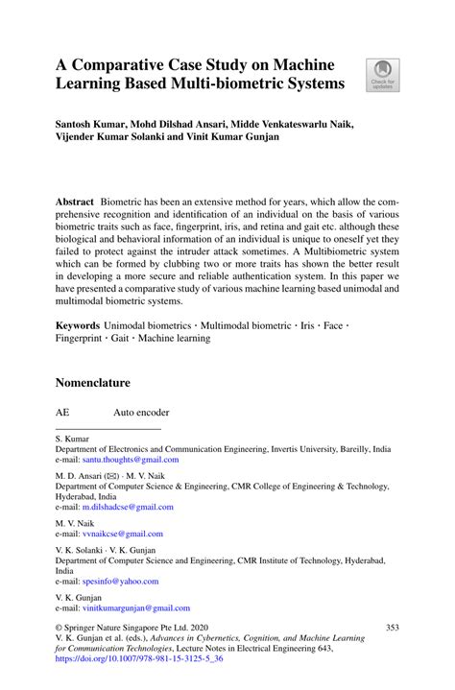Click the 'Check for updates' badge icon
click(x=382, y=75)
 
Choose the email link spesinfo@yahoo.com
click(x=120, y=581)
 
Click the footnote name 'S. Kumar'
click(x=72, y=440)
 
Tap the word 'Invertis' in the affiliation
click(x=287, y=449)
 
